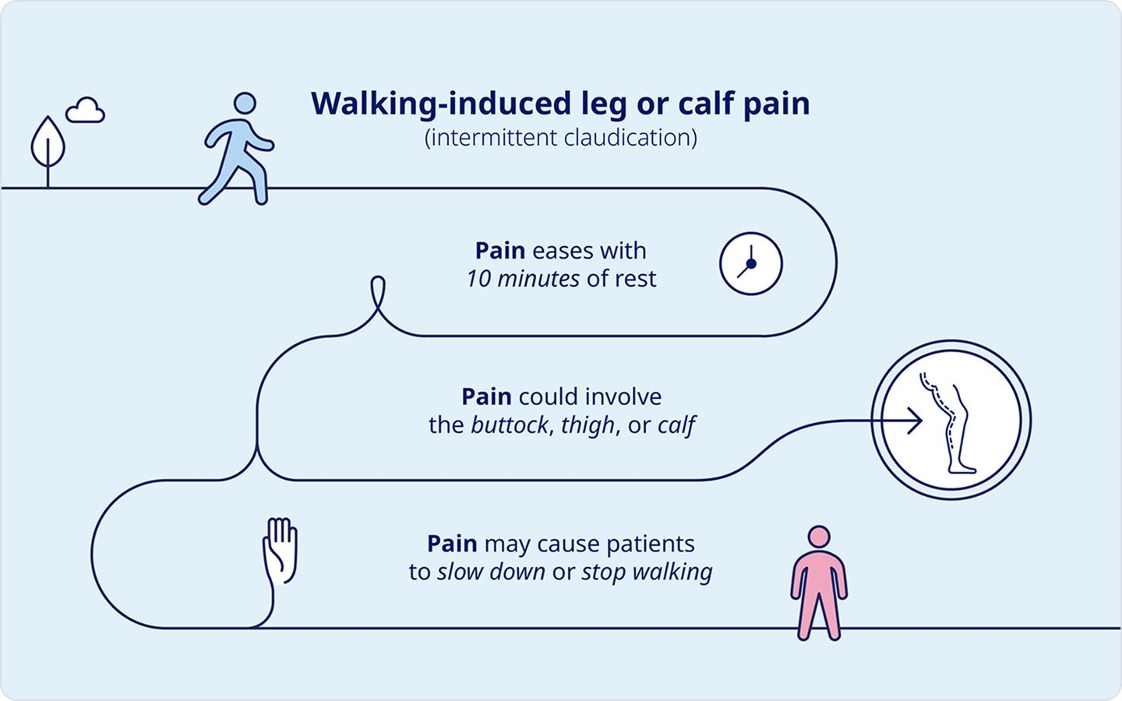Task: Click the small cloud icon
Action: [85, 110]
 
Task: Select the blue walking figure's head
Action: [245, 103]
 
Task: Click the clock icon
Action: [751, 263]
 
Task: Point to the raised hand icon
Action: [280, 551]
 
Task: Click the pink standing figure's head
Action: [819, 537]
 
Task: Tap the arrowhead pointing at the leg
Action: [916, 421]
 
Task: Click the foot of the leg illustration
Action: [962, 469]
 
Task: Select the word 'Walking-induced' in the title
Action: [441, 104]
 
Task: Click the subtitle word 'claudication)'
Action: [630, 138]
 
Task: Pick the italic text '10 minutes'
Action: [523, 279]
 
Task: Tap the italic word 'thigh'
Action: [587, 425]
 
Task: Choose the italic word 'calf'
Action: [676, 425]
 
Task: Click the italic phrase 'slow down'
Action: [491, 572]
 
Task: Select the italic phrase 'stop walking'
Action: [647, 572]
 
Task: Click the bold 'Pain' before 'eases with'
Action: [500, 250]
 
